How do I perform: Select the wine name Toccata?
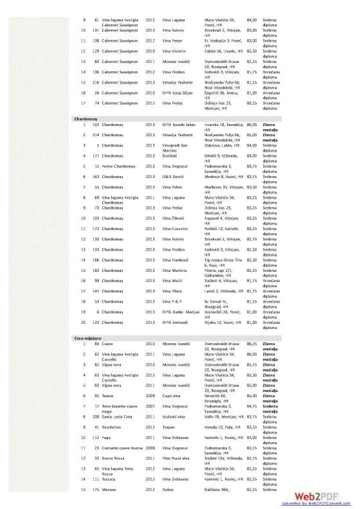tap(103, 479)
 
